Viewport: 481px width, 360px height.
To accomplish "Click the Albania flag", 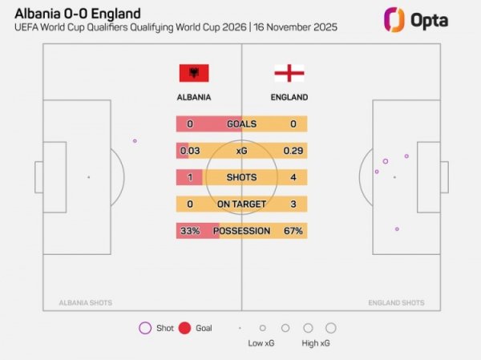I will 193,73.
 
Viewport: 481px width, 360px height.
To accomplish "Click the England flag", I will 289,73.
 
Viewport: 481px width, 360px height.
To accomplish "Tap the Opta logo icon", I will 393,19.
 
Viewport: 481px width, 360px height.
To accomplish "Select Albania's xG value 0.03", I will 190,151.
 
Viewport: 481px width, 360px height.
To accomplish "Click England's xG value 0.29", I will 293,151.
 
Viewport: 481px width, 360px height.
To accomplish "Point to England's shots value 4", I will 293,177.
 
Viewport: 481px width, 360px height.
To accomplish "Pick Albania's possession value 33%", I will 190,231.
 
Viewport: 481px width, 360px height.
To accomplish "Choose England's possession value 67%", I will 293,231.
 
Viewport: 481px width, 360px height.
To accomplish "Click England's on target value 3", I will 293,204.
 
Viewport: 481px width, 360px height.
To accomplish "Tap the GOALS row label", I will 241,124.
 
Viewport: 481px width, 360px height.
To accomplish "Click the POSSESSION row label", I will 241,231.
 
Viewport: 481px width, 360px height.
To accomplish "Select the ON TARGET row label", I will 241,204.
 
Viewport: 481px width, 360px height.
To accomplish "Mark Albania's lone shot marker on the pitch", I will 135,141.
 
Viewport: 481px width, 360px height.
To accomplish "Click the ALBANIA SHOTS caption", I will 86,303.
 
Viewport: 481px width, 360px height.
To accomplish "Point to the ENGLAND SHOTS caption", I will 396,303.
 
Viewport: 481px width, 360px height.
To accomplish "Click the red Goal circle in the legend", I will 184,328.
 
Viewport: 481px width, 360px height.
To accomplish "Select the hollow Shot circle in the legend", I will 145,328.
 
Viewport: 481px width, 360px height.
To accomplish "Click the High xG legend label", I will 316,343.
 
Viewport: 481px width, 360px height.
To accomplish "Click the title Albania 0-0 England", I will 78,14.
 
